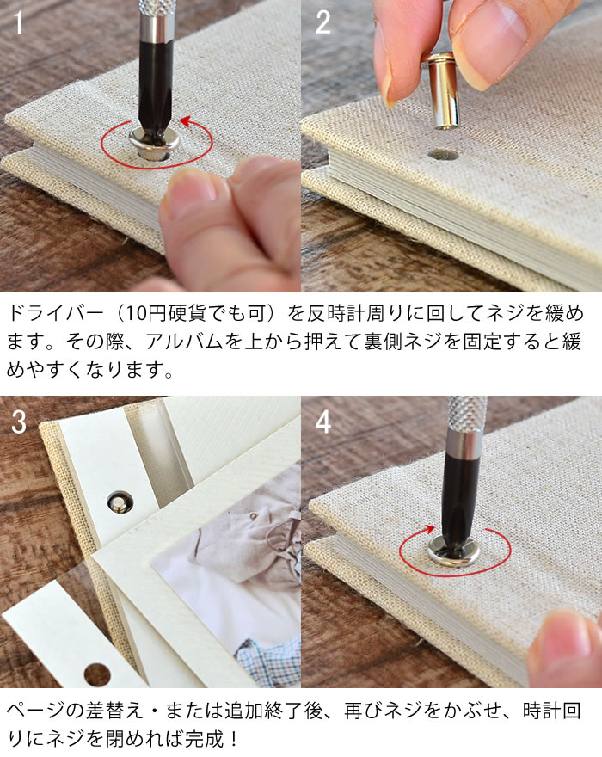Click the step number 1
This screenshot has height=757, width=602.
(18, 23)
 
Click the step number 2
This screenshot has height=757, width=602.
(323, 23)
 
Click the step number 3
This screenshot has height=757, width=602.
(19, 422)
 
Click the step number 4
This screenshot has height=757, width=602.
(323, 422)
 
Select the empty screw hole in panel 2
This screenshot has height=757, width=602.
(443, 155)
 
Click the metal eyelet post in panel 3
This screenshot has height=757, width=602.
(115, 501)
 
